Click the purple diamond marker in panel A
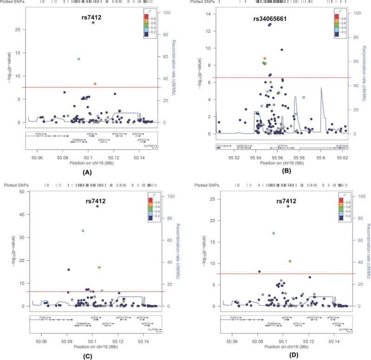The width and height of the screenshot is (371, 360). coord(93,22)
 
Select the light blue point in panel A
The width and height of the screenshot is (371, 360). coord(79,59)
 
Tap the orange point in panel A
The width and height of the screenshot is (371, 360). coord(95,84)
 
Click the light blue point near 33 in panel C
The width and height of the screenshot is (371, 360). coord(83,231)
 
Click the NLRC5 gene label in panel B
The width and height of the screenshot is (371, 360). coord(340,146)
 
